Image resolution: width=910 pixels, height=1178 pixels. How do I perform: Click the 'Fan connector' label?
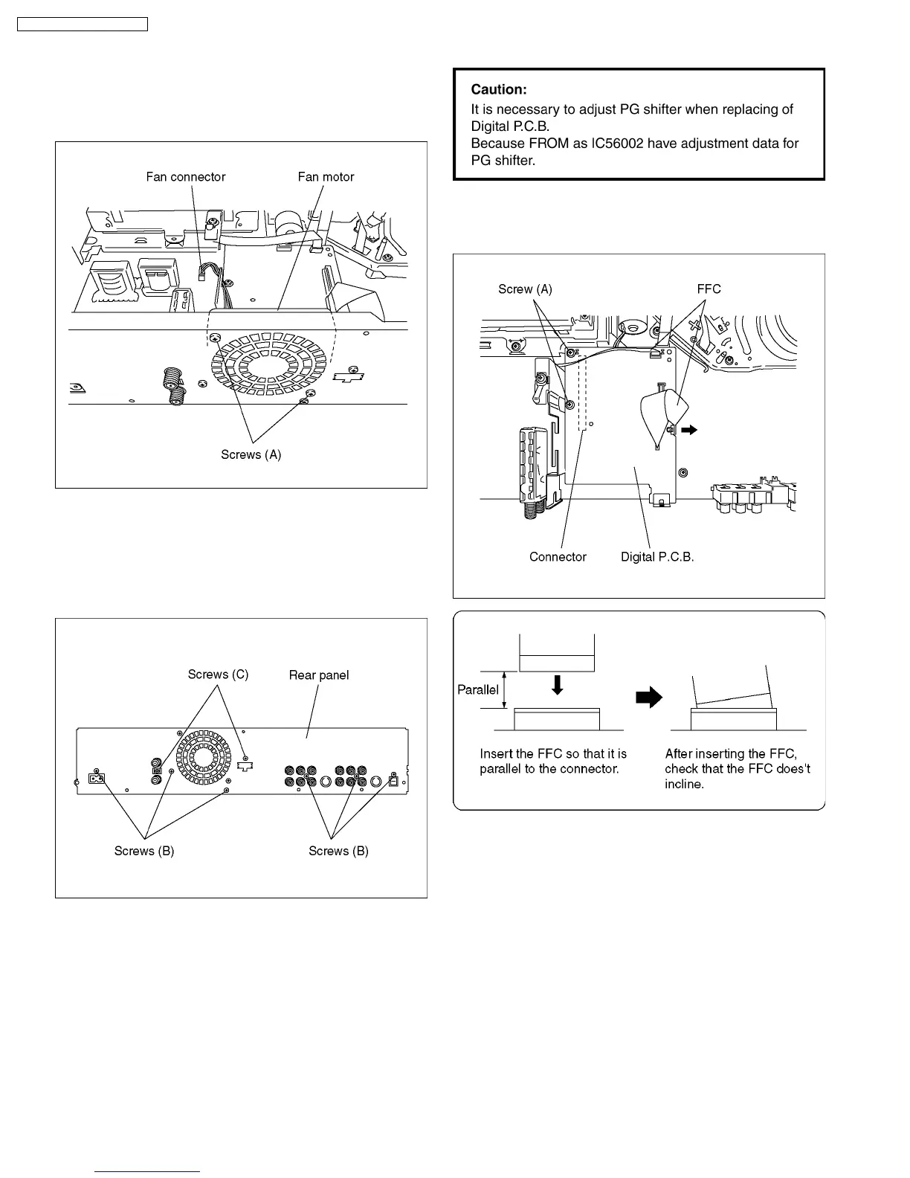click(x=185, y=177)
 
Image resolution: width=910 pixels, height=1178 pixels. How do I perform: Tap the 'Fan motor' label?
click(x=326, y=177)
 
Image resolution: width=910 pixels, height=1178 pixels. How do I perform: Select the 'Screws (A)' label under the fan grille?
click(x=251, y=454)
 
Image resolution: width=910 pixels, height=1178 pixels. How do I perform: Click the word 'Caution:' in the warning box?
click(x=499, y=89)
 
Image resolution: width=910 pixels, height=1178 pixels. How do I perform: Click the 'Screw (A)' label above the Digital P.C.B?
click(x=525, y=289)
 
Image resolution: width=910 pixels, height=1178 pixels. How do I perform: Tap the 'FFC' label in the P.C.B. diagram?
click(x=709, y=289)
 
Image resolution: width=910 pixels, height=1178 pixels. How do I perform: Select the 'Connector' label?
click(x=558, y=557)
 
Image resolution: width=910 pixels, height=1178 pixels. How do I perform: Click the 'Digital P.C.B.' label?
click(x=657, y=557)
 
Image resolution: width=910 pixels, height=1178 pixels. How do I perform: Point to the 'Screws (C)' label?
click(x=218, y=675)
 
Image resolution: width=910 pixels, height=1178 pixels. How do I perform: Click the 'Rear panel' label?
click(x=318, y=675)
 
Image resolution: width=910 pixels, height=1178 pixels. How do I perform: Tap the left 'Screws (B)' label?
click(x=144, y=851)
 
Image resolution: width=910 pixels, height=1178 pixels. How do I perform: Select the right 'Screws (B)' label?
click(x=338, y=851)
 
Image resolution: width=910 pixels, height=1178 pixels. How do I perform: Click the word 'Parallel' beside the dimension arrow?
click(x=478, y=689)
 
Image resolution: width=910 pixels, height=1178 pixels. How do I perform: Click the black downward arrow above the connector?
click(x=557, y=685)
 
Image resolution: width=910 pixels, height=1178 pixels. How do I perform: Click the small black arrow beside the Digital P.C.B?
click(x=691, y=429)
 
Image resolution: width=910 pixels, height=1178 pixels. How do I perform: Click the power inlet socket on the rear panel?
click(x=97, y=778)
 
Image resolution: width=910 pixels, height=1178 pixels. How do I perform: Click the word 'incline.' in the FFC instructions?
click(x=683, y=785)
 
